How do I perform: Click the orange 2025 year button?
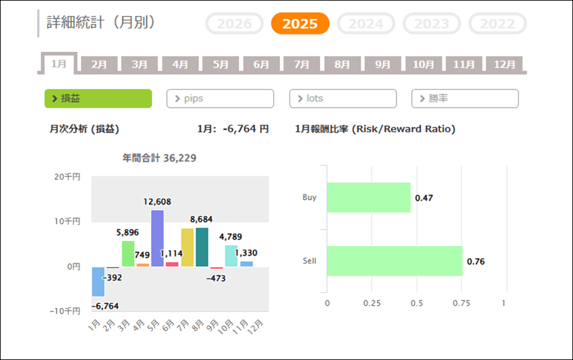click(x=300, y=24)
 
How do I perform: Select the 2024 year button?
click(x=365, y=24)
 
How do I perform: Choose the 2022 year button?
click(x=497, y=24)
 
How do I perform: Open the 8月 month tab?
click(x=342, y=64)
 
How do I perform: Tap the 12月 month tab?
click(x=504, y=64)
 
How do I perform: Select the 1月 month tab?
click(x=59, y=64)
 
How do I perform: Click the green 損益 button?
click(x=98, y=99)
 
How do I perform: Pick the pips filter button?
click(x=220, y=99)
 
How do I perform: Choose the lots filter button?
click(x=343, y=99)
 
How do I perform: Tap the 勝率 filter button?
click(x=465, y=99)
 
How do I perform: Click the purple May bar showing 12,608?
click(x=157, y=238)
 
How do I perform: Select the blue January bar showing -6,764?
click(x=98, y=282)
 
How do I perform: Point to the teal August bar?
click(x=202, y=247)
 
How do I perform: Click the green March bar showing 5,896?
click(x=128, y=254)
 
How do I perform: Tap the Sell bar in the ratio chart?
click(x=394, y=261)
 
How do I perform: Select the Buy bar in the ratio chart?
click(x=369, y=198)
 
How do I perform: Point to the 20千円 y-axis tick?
click(x=68, y=176)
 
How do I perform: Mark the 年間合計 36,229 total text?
click(x=159, y=157)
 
